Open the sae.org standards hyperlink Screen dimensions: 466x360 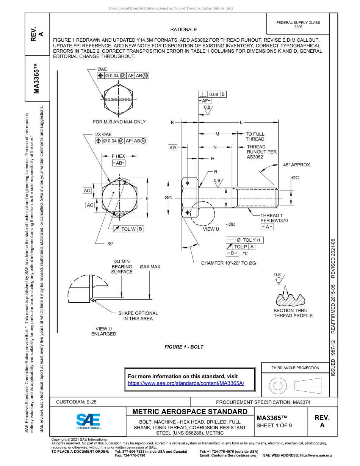click(186, 383)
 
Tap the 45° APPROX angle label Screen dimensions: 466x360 click(296, 165)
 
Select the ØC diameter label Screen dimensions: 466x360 click(296, 177)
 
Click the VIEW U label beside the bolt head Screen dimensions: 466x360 click(211, 229)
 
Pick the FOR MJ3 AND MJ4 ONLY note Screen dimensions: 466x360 click(119, 122)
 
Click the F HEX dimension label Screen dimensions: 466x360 click(118, 156)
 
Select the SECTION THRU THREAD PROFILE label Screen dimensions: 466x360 click(293, 313)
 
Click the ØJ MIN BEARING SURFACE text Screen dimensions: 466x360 click(122, 266)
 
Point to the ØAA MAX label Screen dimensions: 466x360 click(150, 267)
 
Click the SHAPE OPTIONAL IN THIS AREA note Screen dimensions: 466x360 click(138, 316)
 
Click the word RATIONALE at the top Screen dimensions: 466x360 click(183, 29)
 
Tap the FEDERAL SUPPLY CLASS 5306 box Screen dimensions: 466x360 click(298, 25)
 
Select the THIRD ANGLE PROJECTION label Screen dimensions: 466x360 click(295, 367)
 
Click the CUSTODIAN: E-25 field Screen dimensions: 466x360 click(79, 402)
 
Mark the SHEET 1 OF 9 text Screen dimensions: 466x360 click(274, 425)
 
